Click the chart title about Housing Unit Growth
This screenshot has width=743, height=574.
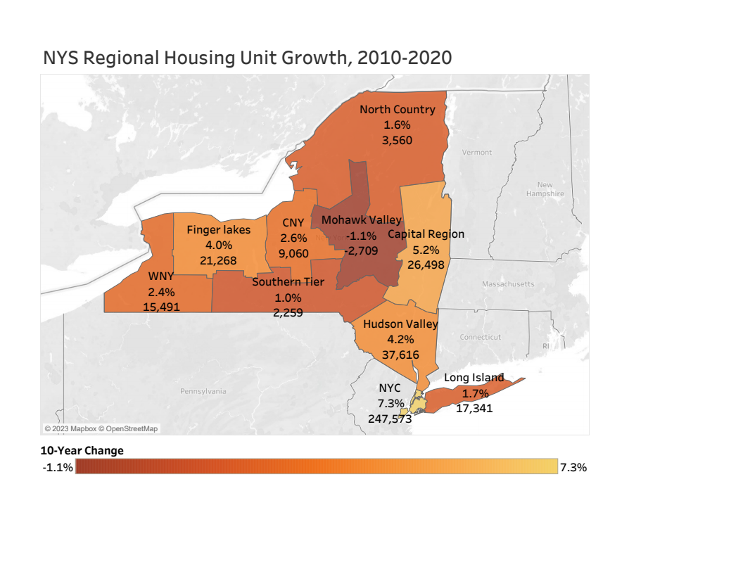point(247,58)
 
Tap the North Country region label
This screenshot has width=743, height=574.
point(397,110)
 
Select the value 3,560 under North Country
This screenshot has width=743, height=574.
point(397,140)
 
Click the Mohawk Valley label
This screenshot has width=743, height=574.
point(361,220)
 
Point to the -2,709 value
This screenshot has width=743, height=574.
point(362,250)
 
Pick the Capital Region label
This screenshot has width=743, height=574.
point(426,234)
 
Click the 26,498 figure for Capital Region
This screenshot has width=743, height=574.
point(426,264)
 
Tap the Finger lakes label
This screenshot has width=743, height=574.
point(218,230)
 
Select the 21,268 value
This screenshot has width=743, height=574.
point(218,261)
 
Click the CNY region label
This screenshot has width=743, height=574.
point(293,224)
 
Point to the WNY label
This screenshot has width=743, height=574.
point(161,276)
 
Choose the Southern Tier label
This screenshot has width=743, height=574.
point(288,282)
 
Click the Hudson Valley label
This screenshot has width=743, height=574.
point(400,324)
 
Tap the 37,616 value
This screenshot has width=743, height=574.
point(400,355)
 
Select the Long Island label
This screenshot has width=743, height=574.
point(474,378)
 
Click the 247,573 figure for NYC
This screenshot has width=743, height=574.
point(390,419)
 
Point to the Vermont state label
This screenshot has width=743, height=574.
point(477,153)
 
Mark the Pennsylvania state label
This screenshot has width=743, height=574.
point(203,391)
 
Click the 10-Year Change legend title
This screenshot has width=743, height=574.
point(82,450)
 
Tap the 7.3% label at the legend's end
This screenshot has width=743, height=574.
point(573,467)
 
